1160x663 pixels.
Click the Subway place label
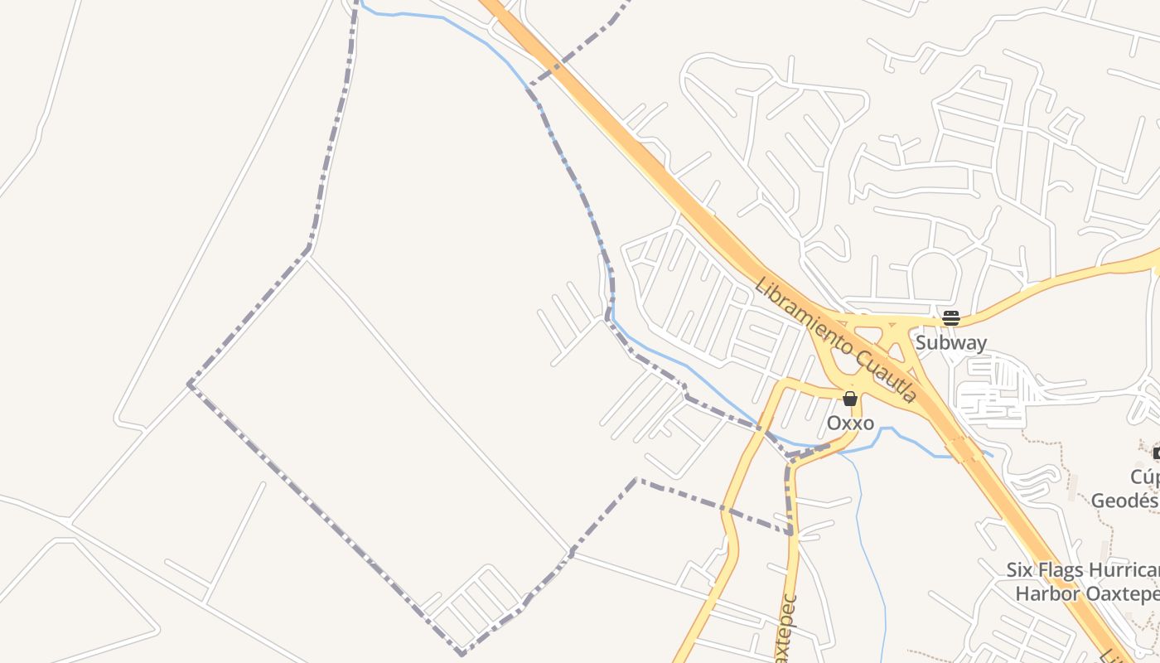coord(950,342)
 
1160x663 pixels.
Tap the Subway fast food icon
coord(950,317)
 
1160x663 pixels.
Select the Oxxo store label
coord(850,423)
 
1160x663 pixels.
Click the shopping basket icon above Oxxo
coord(849,399)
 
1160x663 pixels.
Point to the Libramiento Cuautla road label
coord(835,341)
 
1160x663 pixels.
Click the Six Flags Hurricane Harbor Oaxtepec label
coord(1082,582)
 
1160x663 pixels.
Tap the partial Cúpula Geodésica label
coord(1127,489)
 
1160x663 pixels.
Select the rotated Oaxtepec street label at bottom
coord(786,630)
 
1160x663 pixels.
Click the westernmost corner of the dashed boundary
coord(190,385)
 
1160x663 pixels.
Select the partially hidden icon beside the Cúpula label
coord(1156,452)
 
